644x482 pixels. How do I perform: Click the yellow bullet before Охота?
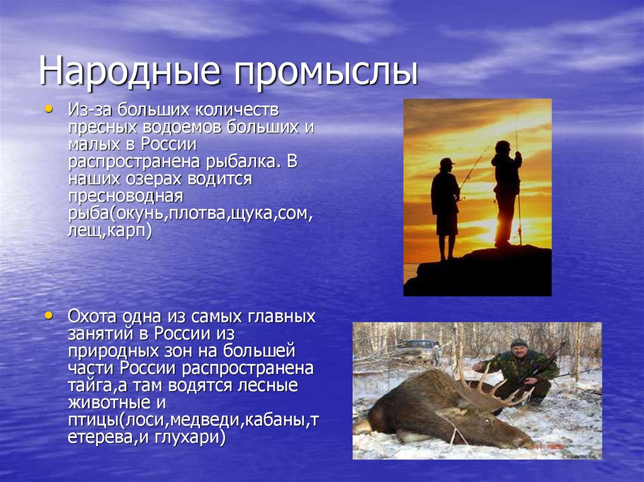(x=50, y=314)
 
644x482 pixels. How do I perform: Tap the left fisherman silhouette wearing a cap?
(x=445, y=204)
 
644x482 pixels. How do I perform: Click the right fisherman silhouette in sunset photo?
(x=506, y=189)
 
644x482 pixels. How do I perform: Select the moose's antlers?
(x=487, y=386)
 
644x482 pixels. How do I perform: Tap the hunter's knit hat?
(x=519, y=342)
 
